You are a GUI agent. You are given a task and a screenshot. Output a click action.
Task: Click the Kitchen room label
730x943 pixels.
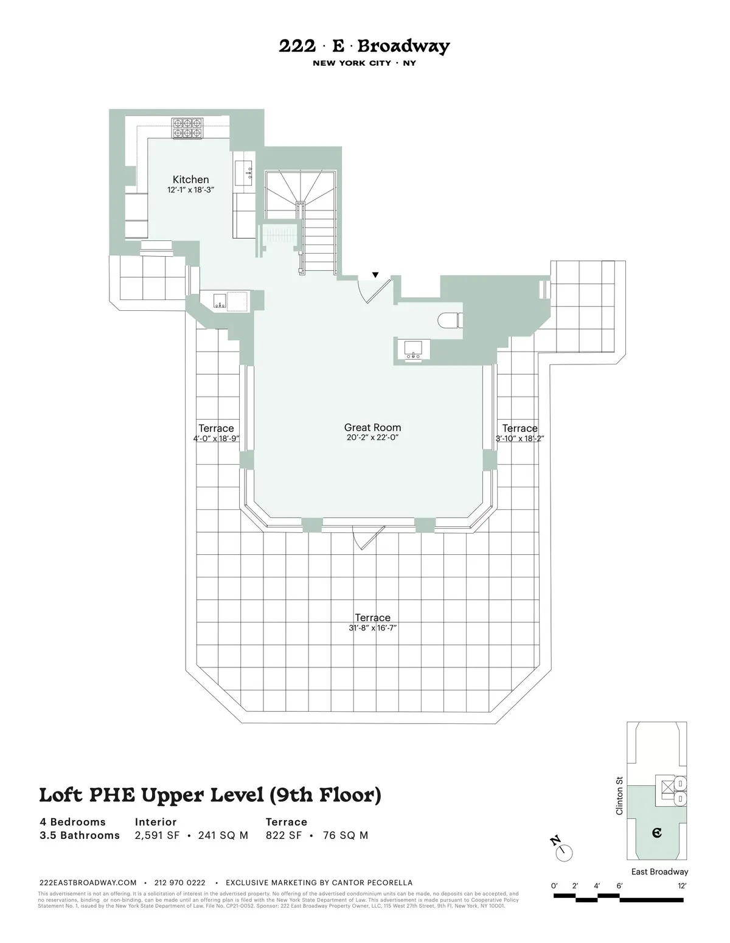point(190,179)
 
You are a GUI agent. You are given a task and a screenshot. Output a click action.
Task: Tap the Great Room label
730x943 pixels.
point(372,428)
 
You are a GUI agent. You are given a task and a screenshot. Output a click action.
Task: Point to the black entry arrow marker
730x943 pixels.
point(375,276)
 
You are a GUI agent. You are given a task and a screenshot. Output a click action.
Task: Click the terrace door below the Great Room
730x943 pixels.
point(368,537)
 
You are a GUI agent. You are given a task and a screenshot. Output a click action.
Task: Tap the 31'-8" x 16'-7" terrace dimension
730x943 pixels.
point(372,628)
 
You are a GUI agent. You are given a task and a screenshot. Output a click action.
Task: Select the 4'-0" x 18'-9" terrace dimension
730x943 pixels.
point(216,438)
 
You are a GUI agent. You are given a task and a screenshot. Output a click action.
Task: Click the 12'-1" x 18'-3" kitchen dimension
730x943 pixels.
point(190,190)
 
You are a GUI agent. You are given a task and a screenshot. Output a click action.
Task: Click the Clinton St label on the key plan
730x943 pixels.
point(619,795)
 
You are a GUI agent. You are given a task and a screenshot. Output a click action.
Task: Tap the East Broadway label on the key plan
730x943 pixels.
point(659,872)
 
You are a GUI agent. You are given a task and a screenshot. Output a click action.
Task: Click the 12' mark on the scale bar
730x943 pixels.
point(681,886)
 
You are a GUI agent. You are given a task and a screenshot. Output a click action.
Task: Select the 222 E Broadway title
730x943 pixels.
point(364,47)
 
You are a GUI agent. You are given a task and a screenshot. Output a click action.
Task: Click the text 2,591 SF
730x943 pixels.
point(157,835)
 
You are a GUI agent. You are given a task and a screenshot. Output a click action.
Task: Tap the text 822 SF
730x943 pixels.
point(283,835)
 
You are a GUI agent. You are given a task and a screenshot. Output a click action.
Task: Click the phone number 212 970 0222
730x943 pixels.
point(179,883)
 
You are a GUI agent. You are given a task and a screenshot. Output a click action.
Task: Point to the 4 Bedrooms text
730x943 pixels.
point(72,822)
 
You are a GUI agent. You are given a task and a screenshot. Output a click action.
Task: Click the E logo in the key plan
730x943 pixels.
point(656,832)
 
